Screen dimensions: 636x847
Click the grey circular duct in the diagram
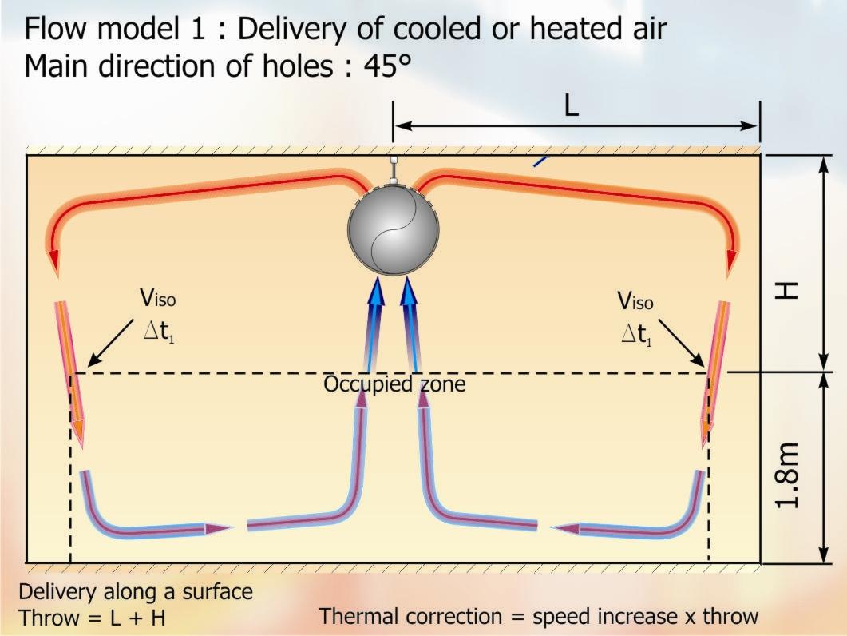[394, 229]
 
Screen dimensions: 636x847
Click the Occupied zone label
[394, 384]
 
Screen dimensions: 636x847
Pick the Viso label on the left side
[157, 300]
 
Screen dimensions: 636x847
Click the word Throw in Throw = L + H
[48, 618]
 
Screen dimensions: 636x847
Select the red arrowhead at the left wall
[53, 262]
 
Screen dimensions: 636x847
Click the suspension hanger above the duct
[394, 169]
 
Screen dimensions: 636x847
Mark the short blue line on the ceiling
[542, 160]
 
